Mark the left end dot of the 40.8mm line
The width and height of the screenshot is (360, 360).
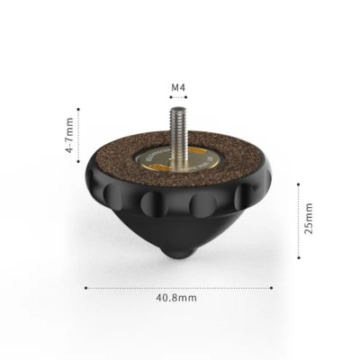[x=86, y=288]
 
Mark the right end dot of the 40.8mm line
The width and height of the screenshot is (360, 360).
[x=276, y=288]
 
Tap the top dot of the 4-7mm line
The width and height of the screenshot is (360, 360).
[x=80, y=109]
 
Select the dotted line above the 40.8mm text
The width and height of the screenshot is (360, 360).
[x=181, y=288]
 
